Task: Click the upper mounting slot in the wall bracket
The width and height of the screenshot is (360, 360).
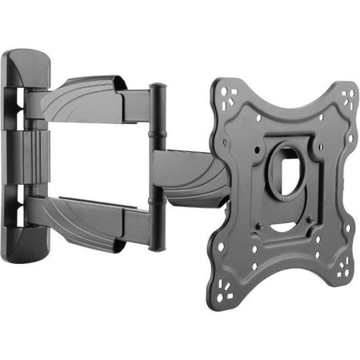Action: (18, 104)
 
